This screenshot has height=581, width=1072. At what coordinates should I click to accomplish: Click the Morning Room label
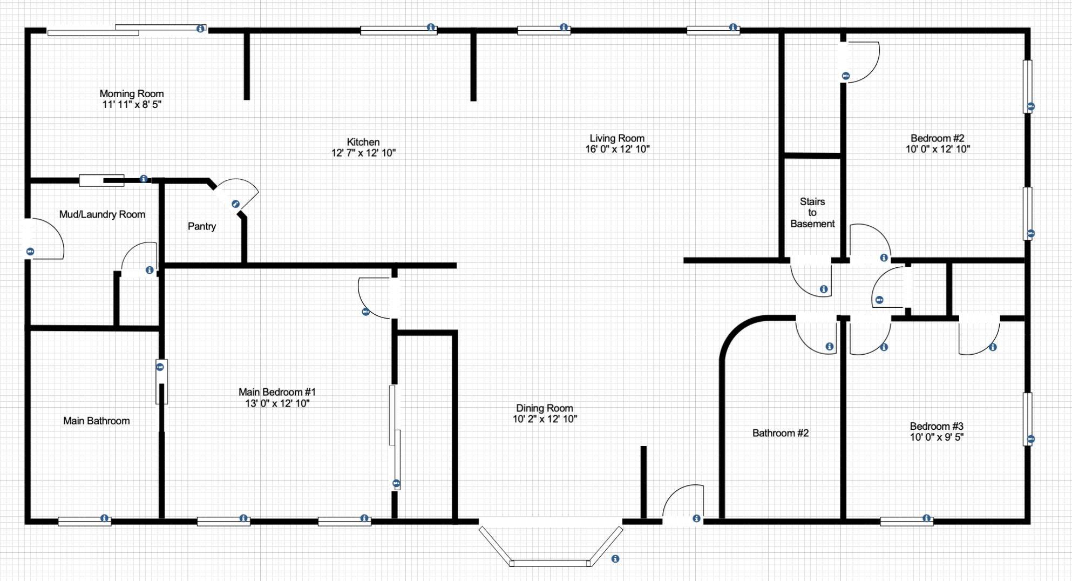click(132, 94)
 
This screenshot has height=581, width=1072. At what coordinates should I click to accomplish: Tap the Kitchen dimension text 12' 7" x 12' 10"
click(363, 153)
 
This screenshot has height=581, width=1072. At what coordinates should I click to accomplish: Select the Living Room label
click(617, 139)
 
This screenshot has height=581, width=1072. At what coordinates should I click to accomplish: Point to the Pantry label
click(202, 226)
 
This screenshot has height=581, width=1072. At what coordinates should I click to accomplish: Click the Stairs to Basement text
click(812, 213)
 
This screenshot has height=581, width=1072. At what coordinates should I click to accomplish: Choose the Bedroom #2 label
click(938, 139)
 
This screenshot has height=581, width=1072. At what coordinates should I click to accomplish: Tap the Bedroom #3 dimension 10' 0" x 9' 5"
click(937, 437)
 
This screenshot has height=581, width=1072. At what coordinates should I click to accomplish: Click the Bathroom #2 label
click(781, 433)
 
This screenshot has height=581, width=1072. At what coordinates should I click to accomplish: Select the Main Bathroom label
click(97, 421)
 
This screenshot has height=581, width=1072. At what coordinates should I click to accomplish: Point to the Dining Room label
click(545, 408)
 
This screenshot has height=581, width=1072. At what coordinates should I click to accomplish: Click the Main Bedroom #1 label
click(277, 392)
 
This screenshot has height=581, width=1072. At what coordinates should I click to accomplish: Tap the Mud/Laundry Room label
click(102, 214)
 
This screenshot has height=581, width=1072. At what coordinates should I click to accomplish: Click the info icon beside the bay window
click(615, 559)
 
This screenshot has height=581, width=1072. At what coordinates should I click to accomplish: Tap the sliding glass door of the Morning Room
click(127, 30)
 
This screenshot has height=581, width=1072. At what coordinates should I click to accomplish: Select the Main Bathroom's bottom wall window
click(84, 521)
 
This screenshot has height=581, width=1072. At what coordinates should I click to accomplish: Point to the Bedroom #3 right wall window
click(1028, 419)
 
